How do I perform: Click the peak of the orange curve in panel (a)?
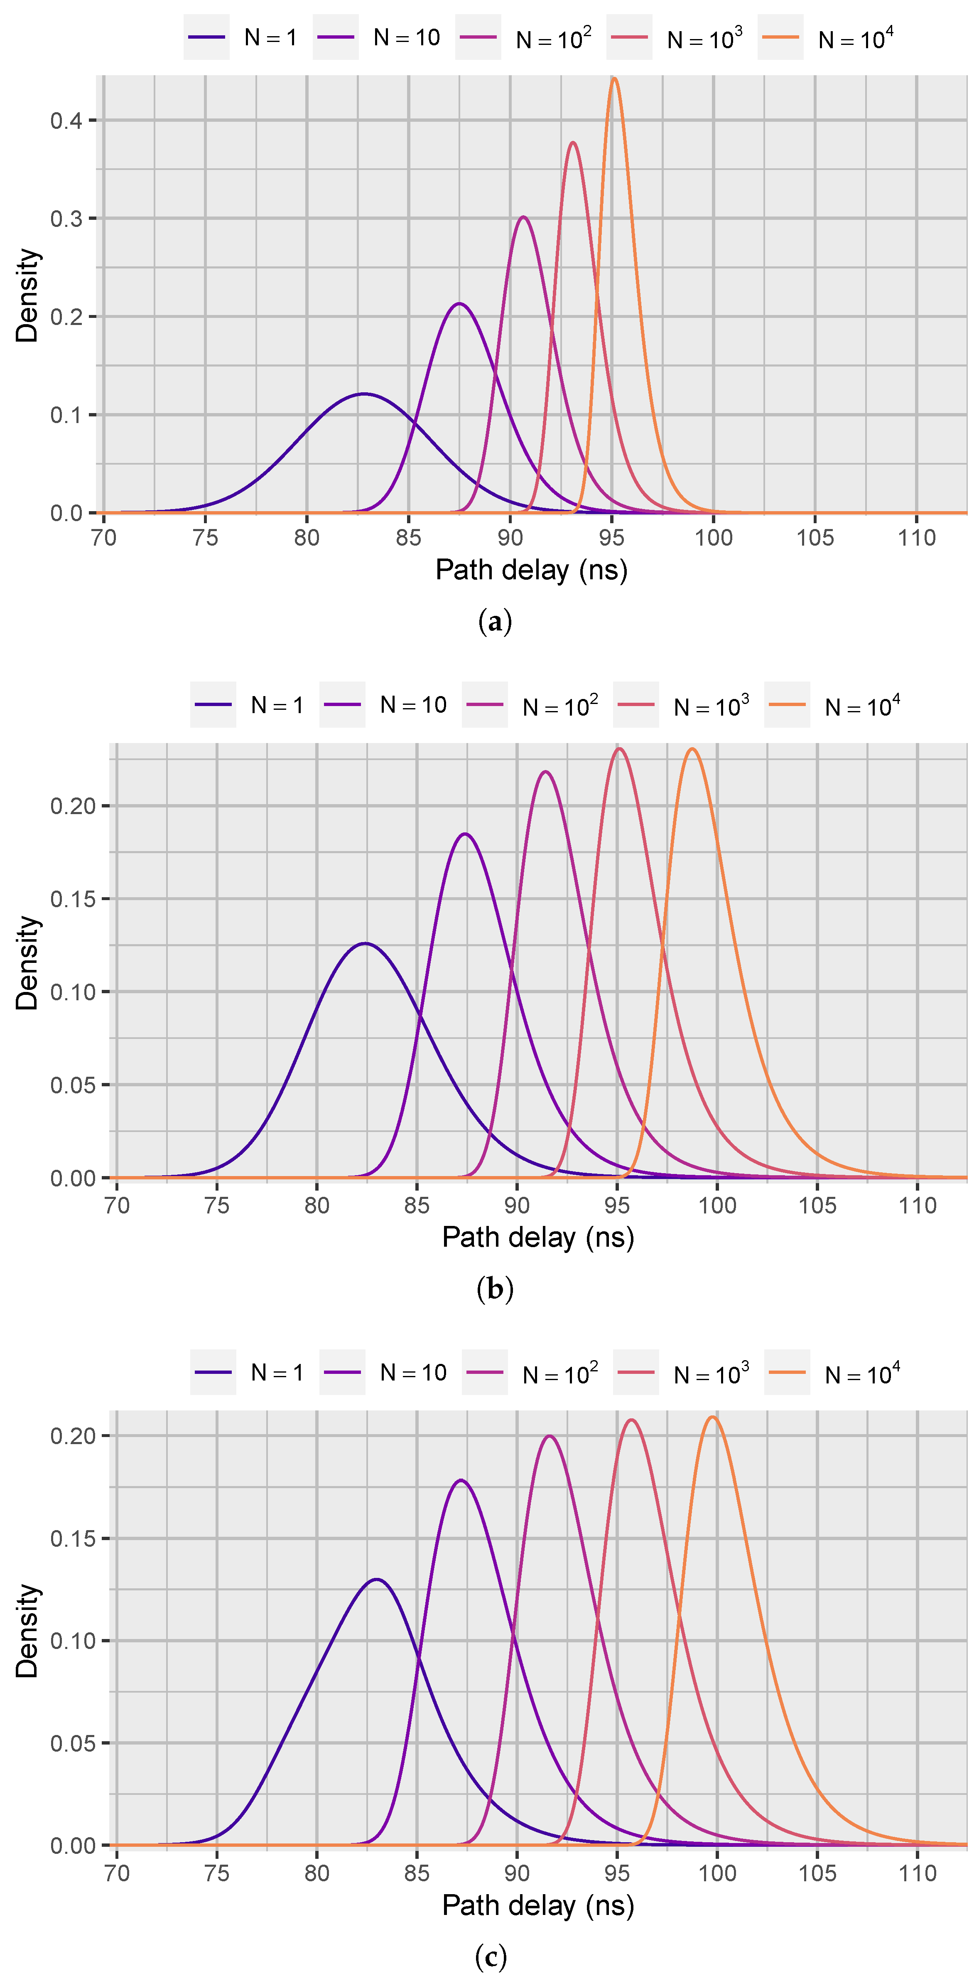(x=613, y=79)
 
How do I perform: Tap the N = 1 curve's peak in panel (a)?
(x=364, y=394)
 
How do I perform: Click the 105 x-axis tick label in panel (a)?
(x=815, y=537)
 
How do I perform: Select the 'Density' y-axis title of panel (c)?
(x=26, y=1631)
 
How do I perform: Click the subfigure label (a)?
(x=494, y=621)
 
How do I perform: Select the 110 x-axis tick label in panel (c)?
(x=918, y=1873)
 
